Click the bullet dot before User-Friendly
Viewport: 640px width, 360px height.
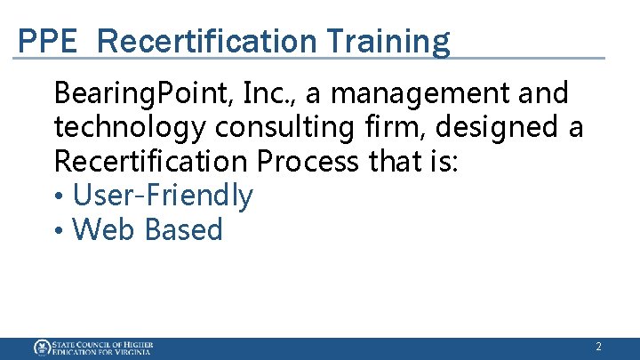point(59,196)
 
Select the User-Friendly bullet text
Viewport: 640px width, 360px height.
point(163,196)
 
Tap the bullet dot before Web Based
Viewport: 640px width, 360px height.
point(59,230)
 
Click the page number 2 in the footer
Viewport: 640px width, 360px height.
point(598,348)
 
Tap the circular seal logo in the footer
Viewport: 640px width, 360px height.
point(42,348)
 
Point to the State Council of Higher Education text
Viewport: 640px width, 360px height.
point(102,348)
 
